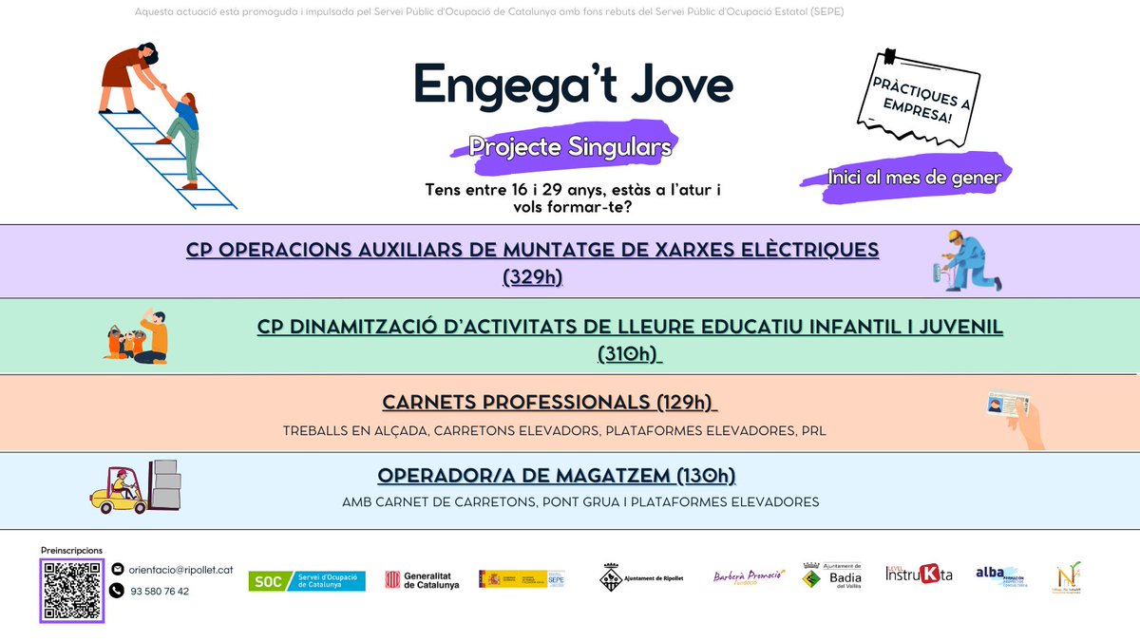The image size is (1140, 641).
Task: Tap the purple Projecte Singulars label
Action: tap(570, 148)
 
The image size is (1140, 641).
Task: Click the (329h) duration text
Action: tap(532, 277)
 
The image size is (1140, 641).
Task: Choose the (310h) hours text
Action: tap(629, 353)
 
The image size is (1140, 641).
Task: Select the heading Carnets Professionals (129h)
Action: tap(549, 403)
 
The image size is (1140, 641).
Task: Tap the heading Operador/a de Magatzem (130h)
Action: tap(556, 475)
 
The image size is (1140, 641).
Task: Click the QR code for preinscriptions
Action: tap(72, 590)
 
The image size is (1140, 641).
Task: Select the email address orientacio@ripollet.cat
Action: tap(180, 569)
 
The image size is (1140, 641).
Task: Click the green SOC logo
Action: tap(306, 580)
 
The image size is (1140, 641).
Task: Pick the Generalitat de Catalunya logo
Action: tap(421, 580)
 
